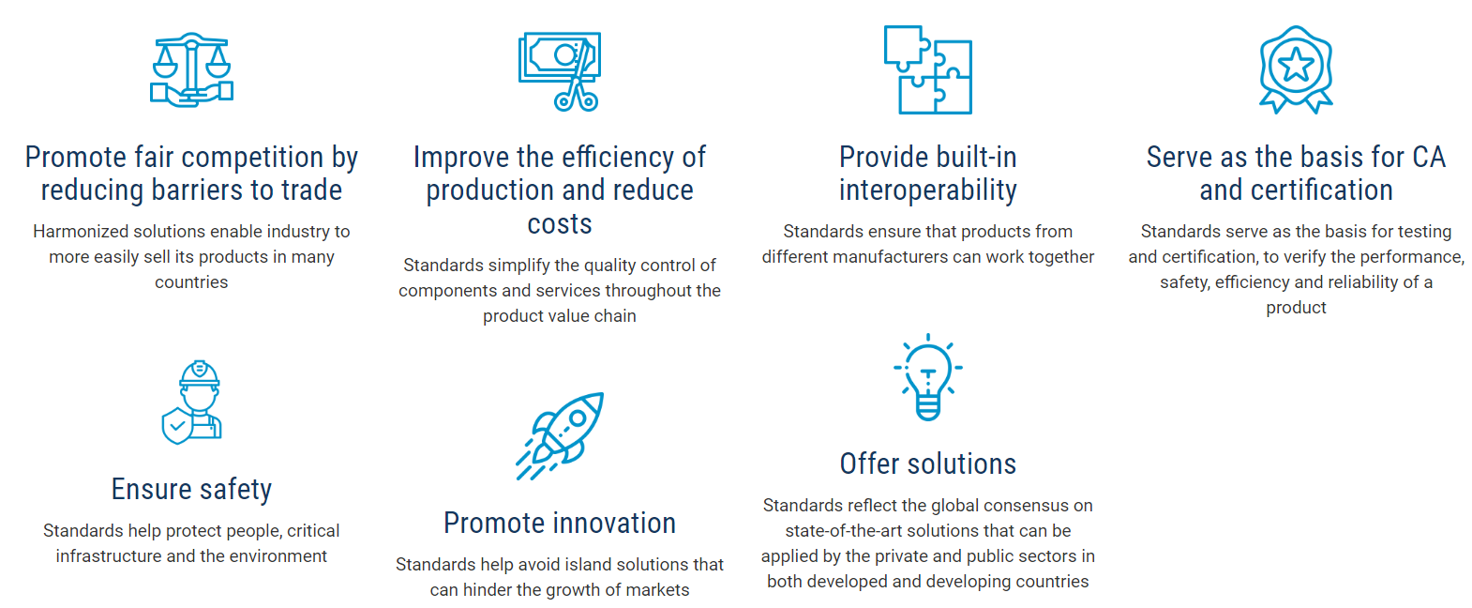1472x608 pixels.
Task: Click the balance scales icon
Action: (191, 69)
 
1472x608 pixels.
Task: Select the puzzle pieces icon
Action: (928, 69)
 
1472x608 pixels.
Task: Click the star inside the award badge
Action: (1296, 65)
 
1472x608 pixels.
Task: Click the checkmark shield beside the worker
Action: (177, 426)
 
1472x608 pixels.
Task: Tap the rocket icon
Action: (560, 435)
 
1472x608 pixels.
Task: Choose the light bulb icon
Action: (928, 377)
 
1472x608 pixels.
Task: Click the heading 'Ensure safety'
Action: (191, 490)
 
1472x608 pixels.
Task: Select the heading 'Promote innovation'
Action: (560, 524)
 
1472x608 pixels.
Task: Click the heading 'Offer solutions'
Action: (928, 464)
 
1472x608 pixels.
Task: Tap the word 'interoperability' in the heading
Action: (928, 190)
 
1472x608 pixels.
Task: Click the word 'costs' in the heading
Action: (560, 224)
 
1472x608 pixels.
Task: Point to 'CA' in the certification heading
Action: (1428, 157)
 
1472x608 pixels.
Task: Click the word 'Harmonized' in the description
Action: (81, 232)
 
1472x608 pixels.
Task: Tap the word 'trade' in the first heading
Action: (312, 190)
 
